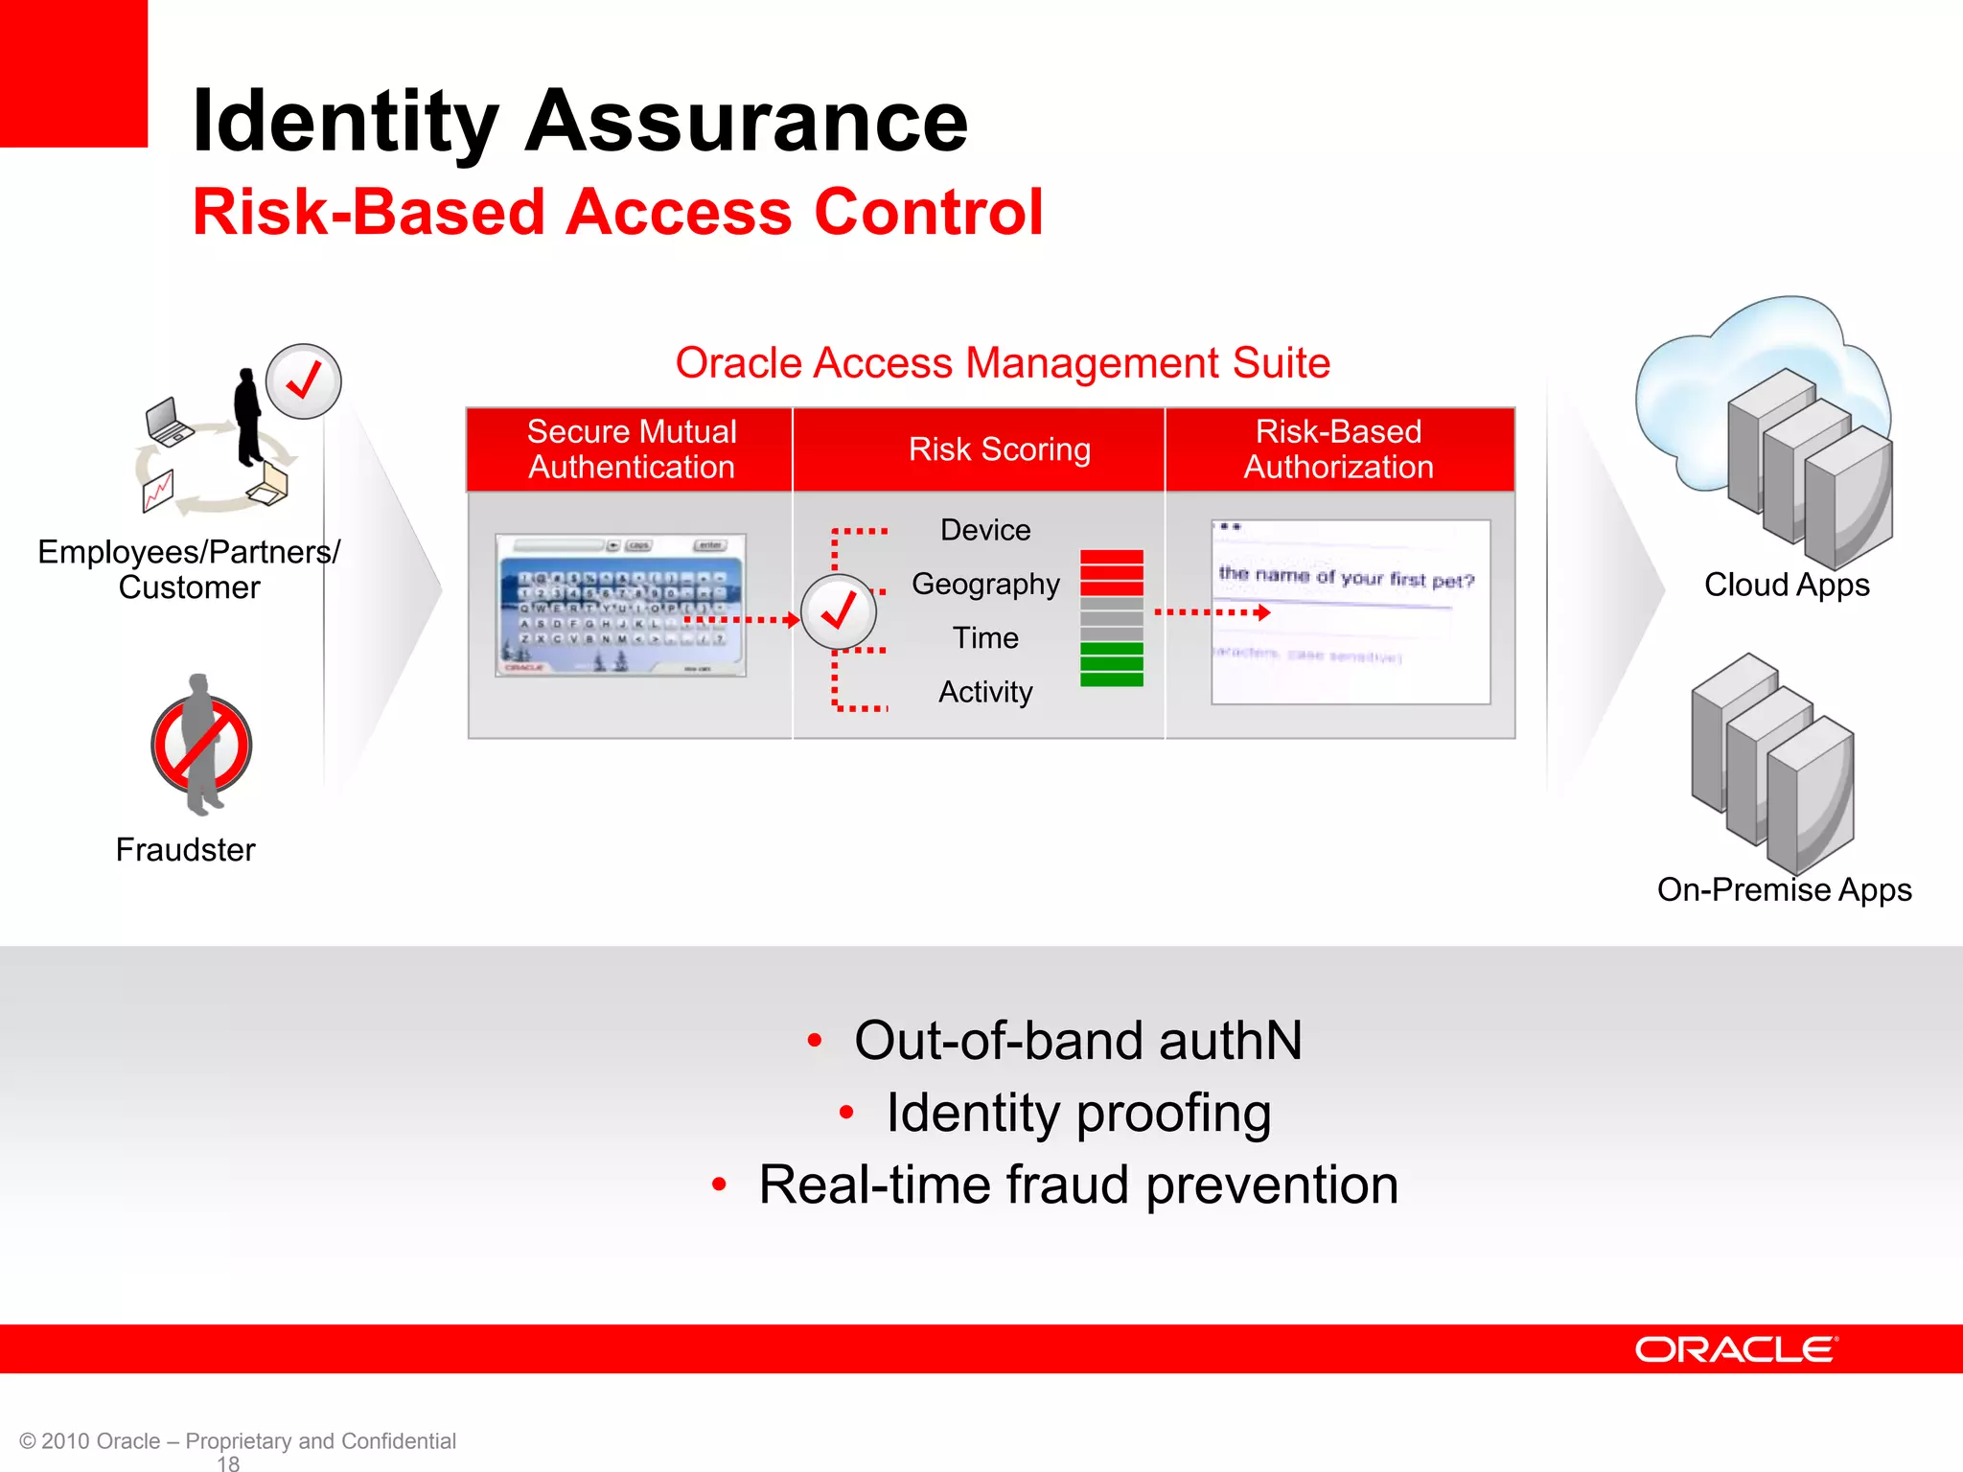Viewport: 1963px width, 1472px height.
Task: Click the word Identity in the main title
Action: (345, 122)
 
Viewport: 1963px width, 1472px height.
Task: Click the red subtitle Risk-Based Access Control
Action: (617, 212)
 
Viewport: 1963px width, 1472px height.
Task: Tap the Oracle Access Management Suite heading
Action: (1003, 363)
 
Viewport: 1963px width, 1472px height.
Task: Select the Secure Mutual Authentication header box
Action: (631, 449)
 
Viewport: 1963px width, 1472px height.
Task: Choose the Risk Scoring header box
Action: (999, 449)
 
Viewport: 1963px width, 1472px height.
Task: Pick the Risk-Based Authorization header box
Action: (1338, 449)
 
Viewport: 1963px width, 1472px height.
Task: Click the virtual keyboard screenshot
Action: (620, 606)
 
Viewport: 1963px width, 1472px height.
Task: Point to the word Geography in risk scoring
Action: (985, 584)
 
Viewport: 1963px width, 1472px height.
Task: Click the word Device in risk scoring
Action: (985, 530)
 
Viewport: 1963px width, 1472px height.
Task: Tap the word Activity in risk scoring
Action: (985, 692)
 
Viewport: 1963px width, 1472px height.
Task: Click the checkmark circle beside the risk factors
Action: (839, 612)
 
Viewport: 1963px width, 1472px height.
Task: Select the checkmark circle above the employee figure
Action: (303, 381)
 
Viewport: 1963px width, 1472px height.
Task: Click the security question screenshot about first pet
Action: (1350, 612)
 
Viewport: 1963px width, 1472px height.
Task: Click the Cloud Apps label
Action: (1787, 585)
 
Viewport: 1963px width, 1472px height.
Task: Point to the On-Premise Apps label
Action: (1784, 889)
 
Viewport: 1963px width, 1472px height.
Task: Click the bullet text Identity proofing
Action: (1078, 1113)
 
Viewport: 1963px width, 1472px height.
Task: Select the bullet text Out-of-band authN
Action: (1078, 1041)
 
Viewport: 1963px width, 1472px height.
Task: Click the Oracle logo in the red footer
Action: (1736, 1349)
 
